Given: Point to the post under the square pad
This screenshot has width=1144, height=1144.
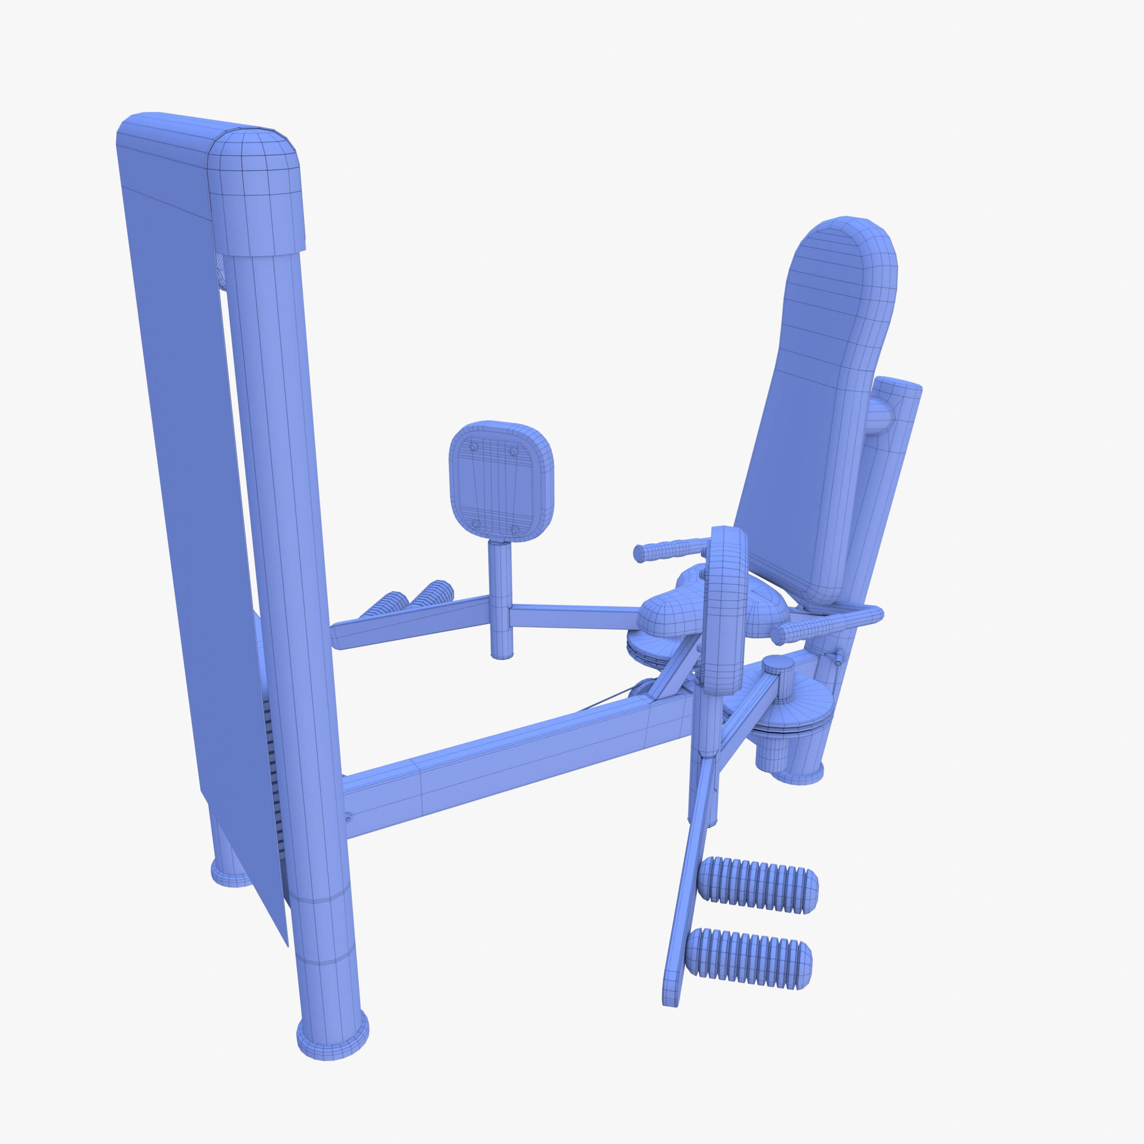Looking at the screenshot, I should tap(501, 598).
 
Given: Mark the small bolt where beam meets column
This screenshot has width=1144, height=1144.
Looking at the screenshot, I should tap(348, 818).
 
